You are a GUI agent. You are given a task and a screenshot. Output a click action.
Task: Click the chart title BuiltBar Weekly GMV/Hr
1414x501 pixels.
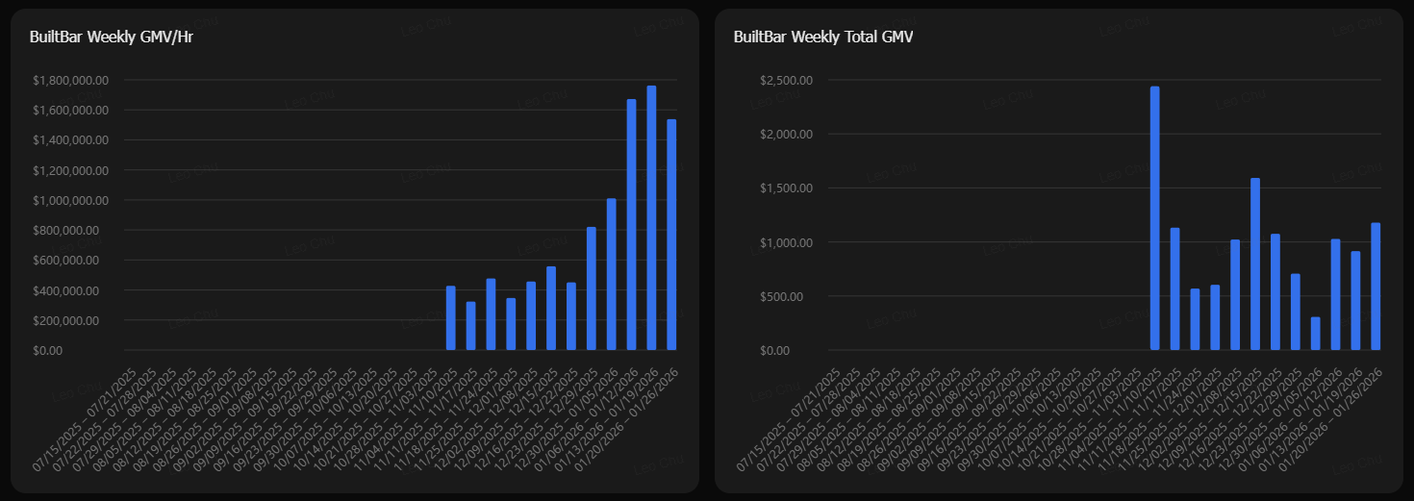click(x=113, y=38)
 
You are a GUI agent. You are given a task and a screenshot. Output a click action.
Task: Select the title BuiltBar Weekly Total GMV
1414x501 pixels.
click(x=822, y=38)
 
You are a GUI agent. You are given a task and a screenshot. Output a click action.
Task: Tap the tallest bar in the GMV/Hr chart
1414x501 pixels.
click(x=651, y=218)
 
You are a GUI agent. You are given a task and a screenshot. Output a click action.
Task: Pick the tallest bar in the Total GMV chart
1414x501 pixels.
click(x=1154, y=218)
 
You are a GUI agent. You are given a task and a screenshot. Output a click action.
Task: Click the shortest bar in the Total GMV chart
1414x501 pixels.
click(x=1315, y=334)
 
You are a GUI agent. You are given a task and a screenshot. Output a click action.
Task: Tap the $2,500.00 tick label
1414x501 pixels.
click(x=787, y=80)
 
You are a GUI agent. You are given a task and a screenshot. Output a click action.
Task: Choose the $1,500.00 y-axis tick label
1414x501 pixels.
click(x=787, y=188)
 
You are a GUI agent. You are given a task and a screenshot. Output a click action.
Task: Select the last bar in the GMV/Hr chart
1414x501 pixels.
click(x=671, y=235)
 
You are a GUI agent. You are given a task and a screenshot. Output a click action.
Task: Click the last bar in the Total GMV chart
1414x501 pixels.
click(x=1376, y=287)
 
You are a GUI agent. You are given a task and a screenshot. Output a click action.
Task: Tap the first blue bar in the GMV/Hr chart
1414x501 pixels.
click(x=450, y=318)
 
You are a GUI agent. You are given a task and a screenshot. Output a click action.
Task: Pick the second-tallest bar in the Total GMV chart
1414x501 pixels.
click(x=1254, y=264)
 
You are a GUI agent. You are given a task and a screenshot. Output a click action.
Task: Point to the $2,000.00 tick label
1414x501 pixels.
click(x=787, y=134)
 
